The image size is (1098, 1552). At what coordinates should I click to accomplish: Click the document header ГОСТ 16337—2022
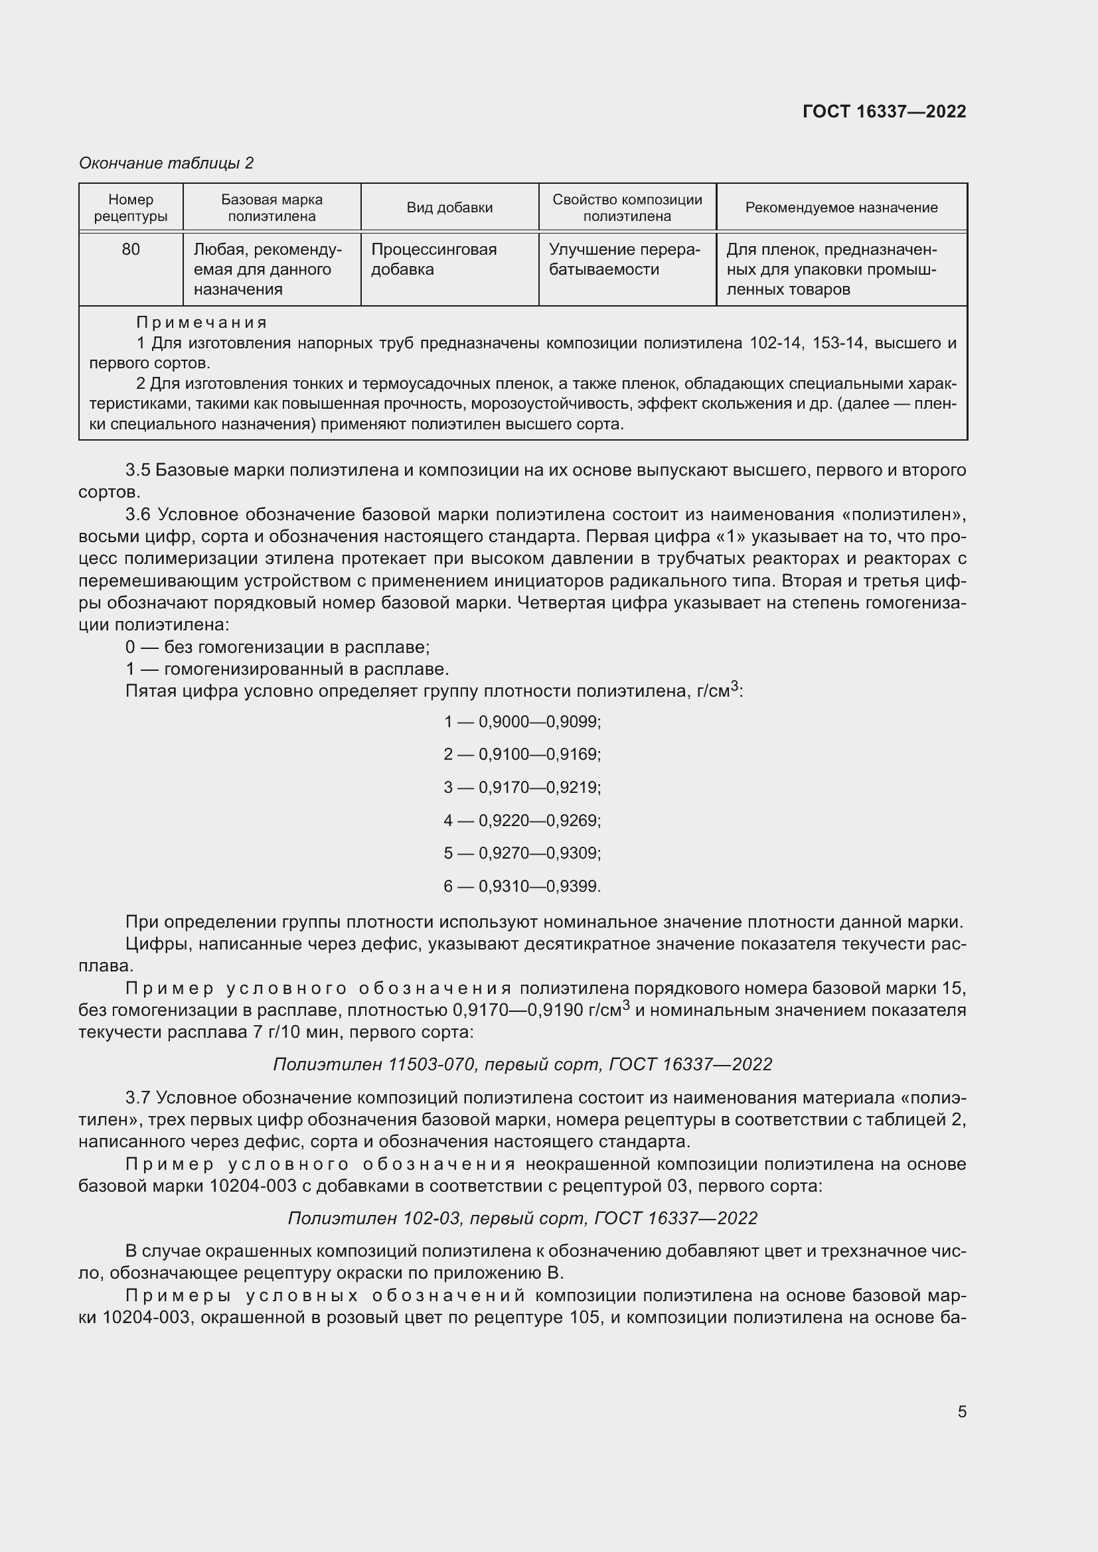pos(884,111)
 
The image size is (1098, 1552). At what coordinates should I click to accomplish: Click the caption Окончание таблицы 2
pos(166,163)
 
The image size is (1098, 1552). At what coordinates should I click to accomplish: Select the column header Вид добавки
pos(449,208)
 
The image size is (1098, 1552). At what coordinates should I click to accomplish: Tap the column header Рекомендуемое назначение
pos(841,208)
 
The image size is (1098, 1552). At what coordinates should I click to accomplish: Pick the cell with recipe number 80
pos(131,249)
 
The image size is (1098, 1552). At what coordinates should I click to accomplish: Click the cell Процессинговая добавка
pos(433,259)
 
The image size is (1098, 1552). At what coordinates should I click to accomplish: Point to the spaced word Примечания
pos(202,322)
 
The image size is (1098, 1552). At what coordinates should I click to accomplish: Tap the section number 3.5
pos(138,470)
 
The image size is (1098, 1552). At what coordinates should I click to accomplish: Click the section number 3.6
pos(138,514)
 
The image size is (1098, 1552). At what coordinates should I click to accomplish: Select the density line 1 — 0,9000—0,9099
pos(522,722)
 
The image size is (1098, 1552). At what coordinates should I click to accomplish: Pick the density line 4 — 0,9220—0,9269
pos(522,821)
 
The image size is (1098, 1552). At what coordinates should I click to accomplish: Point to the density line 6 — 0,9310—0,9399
pos(522,886)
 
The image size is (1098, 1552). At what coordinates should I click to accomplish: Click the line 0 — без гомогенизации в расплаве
pos(277,648)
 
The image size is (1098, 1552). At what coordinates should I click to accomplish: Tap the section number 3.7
pos(138,1097)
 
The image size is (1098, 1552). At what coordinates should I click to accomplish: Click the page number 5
pos(961,1412)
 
